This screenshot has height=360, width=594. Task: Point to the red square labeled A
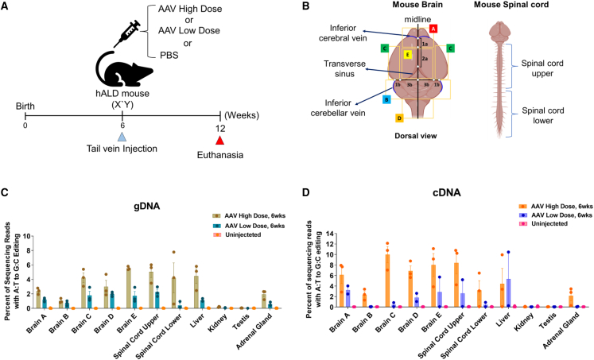click(433, 28)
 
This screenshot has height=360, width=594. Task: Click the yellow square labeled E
click(407, 55)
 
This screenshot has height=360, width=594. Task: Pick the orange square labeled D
click(399, 118)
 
